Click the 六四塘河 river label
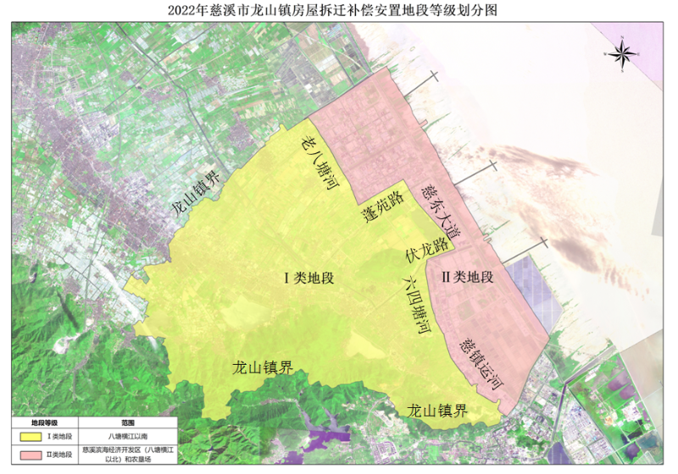[x=414, y=303]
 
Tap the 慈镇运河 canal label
[x=481, y=365]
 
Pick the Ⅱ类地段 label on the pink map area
[x=466, y=276]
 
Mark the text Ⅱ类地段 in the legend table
[x=61, y=455]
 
